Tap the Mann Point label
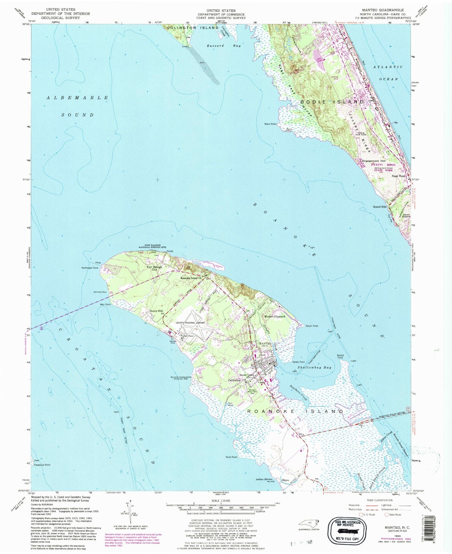point(270,124)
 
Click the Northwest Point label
point(90,268)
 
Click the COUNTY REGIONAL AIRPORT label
point(190,323)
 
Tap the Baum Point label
point(312,326)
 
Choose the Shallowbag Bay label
point(314,368)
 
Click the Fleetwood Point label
point(42,465)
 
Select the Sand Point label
point(231,457)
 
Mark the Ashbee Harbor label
point(264,479)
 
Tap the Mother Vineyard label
point(275,317)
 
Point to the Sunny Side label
point(156,311)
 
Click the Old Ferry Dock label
point(100,292)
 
